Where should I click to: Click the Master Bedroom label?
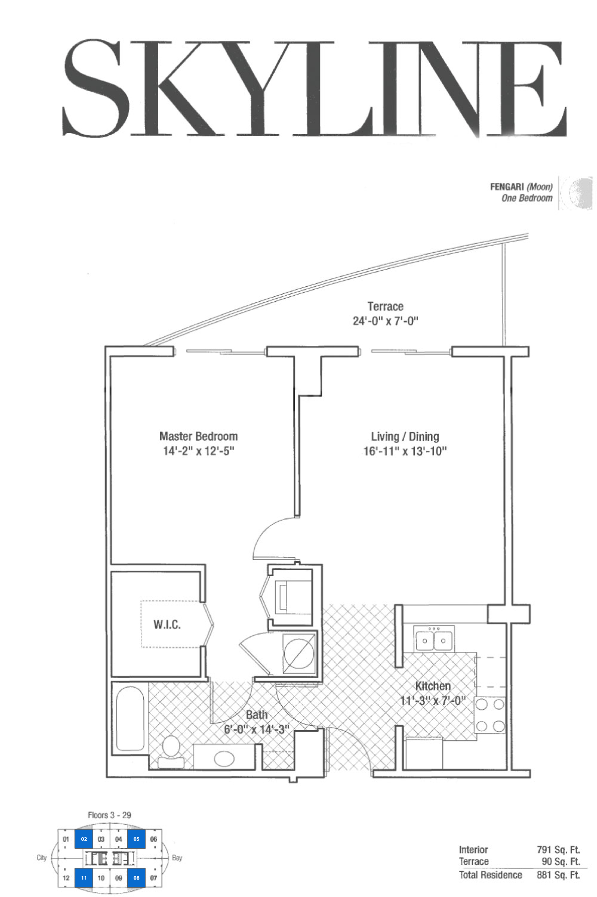(198, 436)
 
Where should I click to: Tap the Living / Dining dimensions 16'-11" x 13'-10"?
(405, 451)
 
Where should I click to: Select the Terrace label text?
(385, 306)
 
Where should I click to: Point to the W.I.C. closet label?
(167, 625)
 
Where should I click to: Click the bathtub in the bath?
(130, 718)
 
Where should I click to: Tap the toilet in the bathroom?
(171, 752)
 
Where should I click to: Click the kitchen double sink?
(434, 639)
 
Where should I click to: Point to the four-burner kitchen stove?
(490, 715)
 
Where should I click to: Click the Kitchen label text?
(433, 686)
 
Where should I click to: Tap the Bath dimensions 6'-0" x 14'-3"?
(256, 729)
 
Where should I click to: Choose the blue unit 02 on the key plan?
(84, 839)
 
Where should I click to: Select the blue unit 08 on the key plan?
(136, 878)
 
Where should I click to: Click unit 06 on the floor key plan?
(153, 839)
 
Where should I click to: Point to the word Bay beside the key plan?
(177, 858)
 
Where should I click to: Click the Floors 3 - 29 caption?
(109, 815)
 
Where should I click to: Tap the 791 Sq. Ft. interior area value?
(558, 849)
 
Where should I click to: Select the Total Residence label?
(490, 875)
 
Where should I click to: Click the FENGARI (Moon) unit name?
(521, 187)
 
